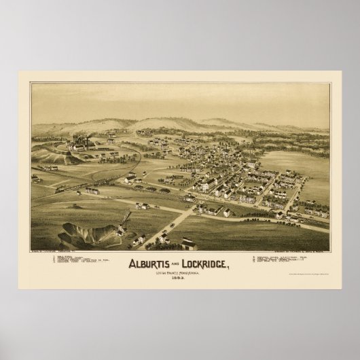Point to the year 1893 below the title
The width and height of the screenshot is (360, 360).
[x=180, y=281]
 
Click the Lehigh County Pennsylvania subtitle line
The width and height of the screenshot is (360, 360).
[x=180, y=274]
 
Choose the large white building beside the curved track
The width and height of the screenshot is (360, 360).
[x=130, y=179]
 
